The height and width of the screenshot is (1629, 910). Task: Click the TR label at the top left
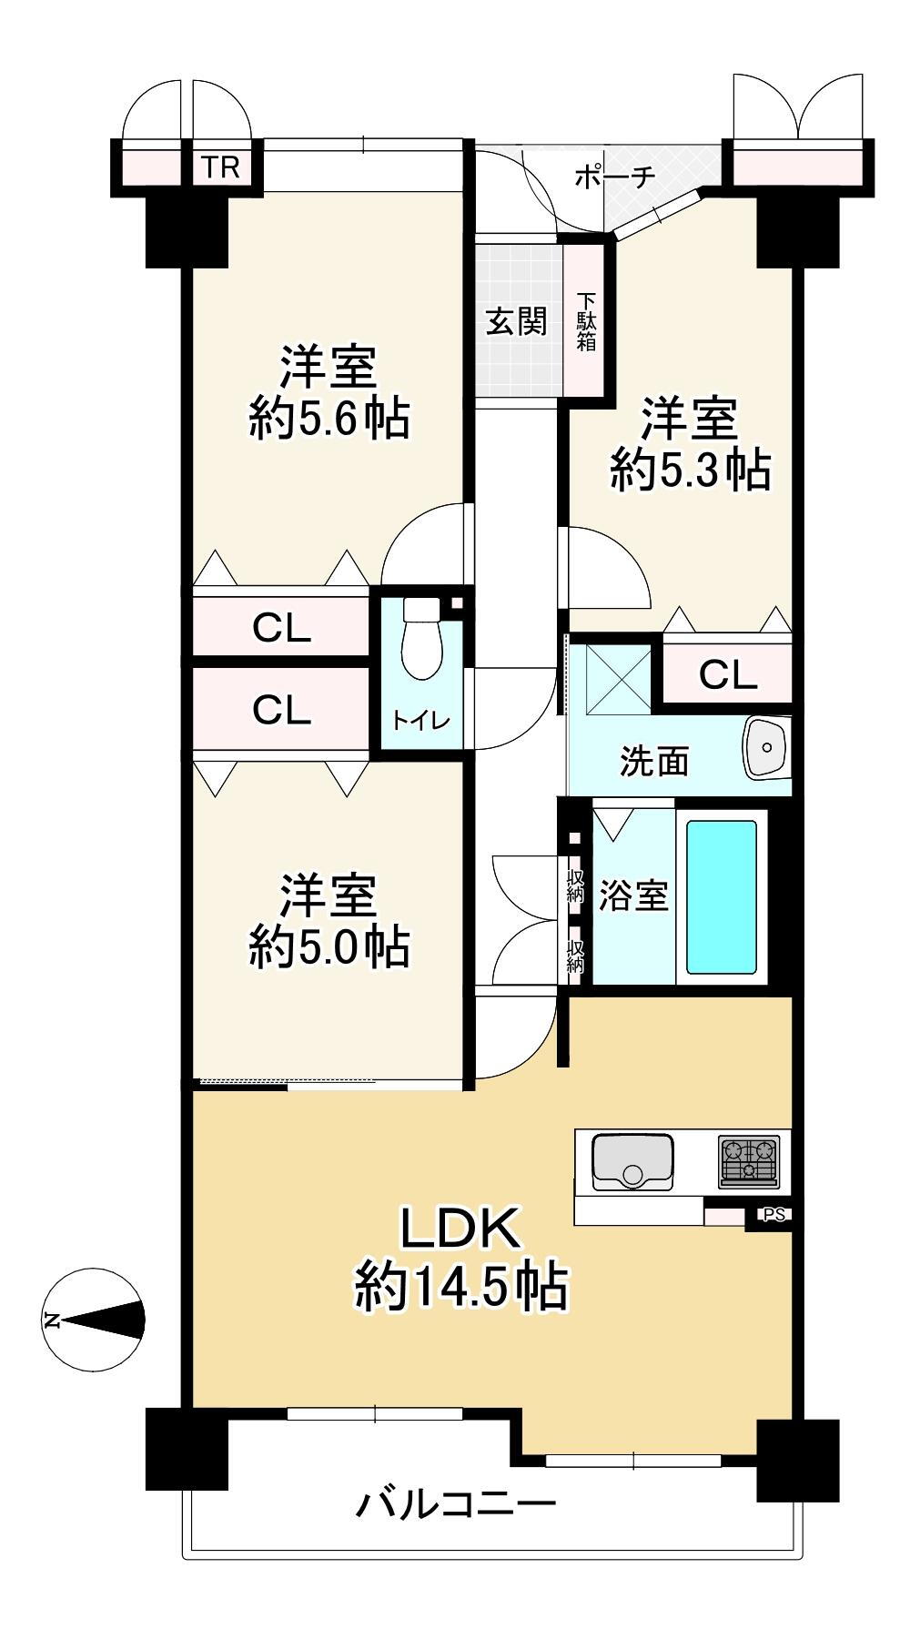(x=220, y=168)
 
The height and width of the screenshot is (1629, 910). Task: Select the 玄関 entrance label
(x=516, y=321)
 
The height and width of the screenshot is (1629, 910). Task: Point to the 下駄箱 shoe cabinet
(x=585, y=320)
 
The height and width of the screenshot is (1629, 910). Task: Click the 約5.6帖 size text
(x=329, y=420)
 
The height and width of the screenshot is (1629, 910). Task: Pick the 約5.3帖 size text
(x=691, y=471)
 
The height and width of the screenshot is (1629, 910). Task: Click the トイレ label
(x=421, y=722)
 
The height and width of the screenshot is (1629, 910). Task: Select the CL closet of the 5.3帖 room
(x=727, y=674)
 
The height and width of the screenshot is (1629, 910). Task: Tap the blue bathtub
(x=722, y=897)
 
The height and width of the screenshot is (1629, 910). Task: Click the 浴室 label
(x=633, y=896)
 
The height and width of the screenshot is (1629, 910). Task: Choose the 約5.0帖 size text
(x=329, y=947)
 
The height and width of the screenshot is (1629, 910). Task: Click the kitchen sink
(x=632, y=1161)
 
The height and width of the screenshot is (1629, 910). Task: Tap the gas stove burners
(x=750, y=1160)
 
